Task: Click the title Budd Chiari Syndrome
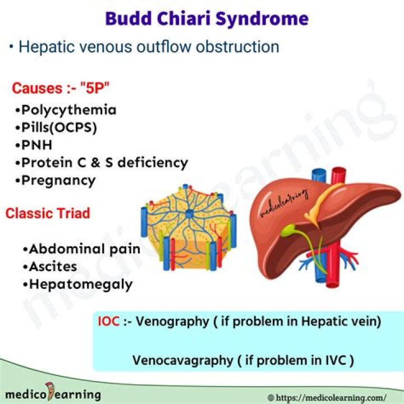pyautogui.click(x=207, y=18)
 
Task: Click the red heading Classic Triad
pyautogui.click(x=48, y=214)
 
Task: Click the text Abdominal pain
pyautogui.click(x=85, y=249)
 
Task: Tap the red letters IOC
pyautogui.click(x=109, y=322)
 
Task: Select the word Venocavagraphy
pyautogui.click(x=182, y=360)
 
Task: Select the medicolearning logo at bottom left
pyautogui.click(x=50, y=394)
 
